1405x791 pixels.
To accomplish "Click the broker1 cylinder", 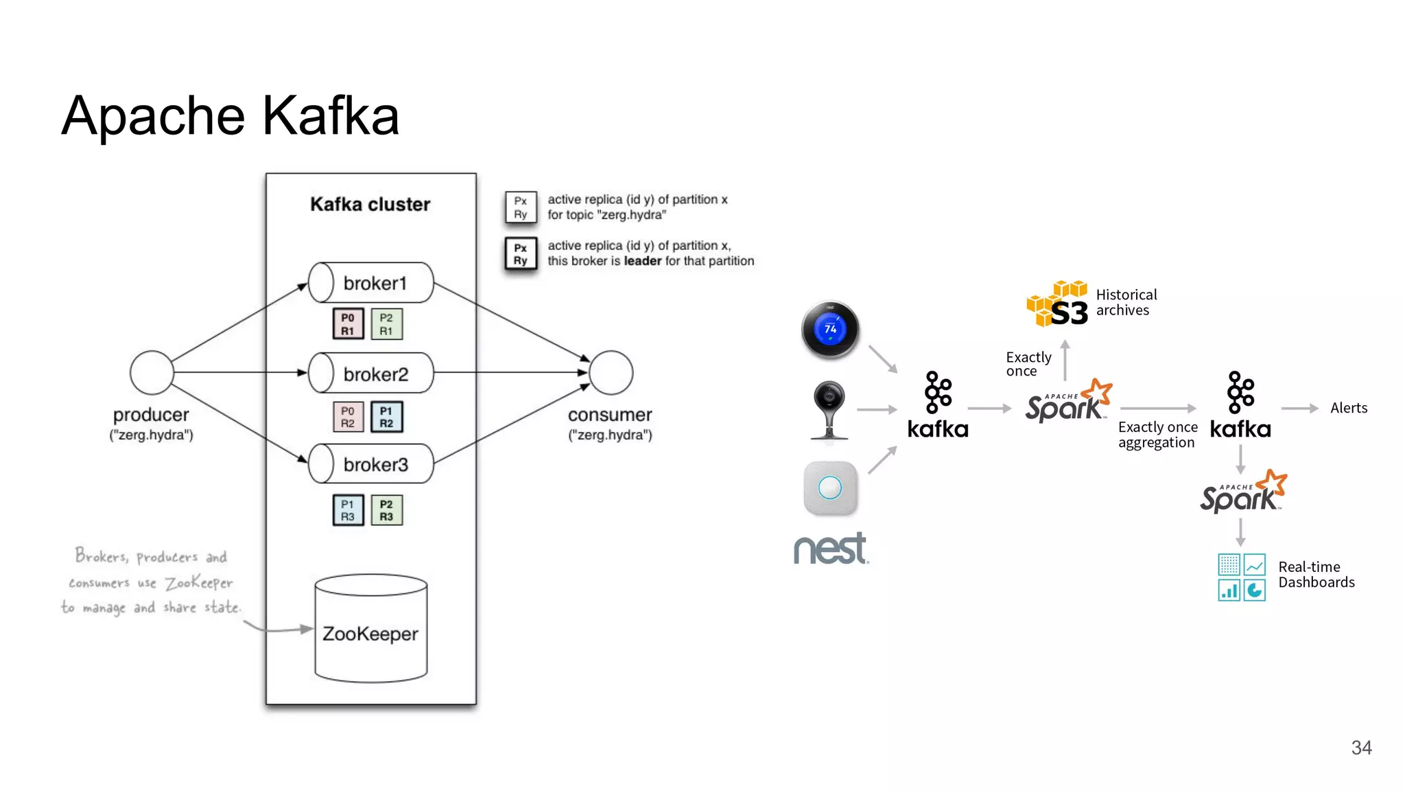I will (x=371, y=282).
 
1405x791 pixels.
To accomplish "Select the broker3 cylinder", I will (x=371, y=464).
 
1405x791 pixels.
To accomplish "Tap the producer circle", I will (x=152, y=372).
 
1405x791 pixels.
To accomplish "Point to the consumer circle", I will (x=611, y=372).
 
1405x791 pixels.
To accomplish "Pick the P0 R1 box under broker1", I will (x=348, y=324).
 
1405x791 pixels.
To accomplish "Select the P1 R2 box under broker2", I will (x=386, y=417).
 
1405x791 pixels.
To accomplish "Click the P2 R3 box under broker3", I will (x=386, y=510).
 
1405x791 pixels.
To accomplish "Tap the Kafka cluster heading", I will (x=370, y=204).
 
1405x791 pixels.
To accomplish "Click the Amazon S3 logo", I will (x=1058, y=304).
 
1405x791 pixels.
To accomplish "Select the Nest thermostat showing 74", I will (x=830, y=330).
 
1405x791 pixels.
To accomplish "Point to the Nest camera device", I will (x=829, y=409).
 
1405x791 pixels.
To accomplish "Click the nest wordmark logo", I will (x=831, y=549).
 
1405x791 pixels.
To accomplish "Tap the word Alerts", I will (x=1348, y=408).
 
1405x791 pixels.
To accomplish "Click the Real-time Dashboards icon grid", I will (x=1242, y=577).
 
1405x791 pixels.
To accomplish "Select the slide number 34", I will (x=1361, y=748).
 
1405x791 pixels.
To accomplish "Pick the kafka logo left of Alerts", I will (x=1240, y=405).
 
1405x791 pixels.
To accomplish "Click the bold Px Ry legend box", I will (x=521, y=254).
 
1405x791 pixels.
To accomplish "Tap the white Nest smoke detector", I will (x=830, y=488).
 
